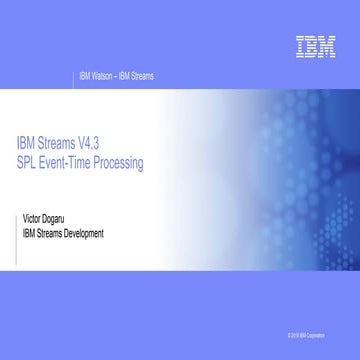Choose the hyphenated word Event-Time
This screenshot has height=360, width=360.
(72, 160)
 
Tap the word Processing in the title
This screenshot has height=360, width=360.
(124, 160)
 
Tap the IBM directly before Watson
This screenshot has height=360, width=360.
(83, 75)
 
